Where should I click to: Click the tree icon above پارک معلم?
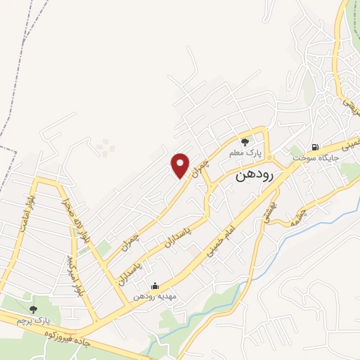[245, 142]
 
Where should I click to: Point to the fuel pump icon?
[314, 148]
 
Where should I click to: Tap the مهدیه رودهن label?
[155, 296]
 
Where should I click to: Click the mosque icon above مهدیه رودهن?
[155, 285]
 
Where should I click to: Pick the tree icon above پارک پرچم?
[33, 309]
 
